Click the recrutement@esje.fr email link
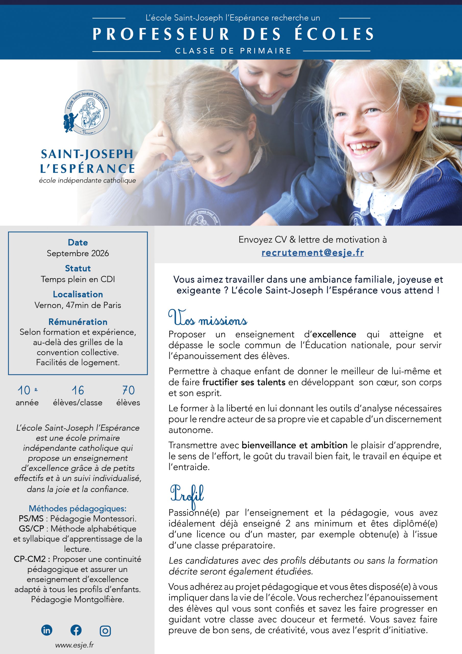313,253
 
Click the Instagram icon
105,631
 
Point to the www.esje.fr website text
75,645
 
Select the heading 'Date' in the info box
78,242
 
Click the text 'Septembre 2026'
78,253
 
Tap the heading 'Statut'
78,268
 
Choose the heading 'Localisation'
78,294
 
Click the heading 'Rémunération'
78,322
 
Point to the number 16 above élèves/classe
78,390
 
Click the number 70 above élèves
128,390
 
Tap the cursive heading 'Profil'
187,494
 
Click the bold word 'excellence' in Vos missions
334,334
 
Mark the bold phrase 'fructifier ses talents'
244,382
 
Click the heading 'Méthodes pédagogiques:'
78,508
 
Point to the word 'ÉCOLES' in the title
334,34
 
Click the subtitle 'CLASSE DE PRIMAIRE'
233,51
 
